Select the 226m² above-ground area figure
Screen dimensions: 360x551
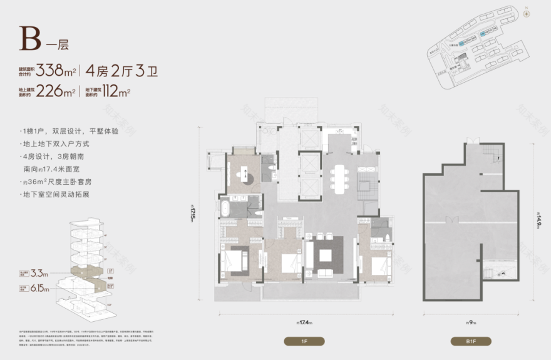[56, 91]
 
